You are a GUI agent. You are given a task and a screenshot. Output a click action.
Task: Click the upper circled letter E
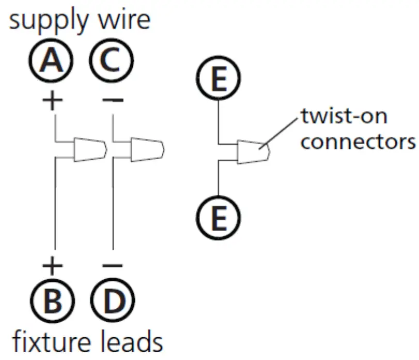coord(219,81)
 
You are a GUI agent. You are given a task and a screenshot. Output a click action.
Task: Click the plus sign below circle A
coord(52,100)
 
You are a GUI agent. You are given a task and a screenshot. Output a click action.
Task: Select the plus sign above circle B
coord(52,266)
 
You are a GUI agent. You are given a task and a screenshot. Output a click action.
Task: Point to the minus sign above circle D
coord(113,266)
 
